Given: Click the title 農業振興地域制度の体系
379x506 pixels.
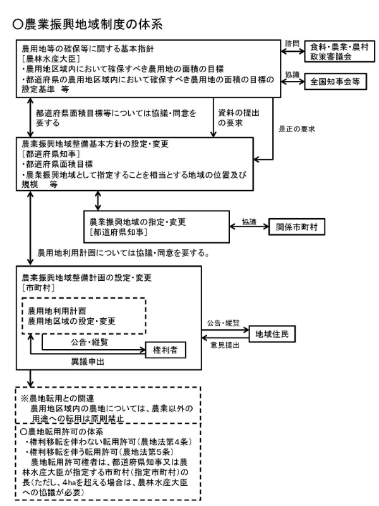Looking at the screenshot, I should [88, 25].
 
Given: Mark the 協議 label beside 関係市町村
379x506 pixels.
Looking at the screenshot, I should [249, 223].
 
